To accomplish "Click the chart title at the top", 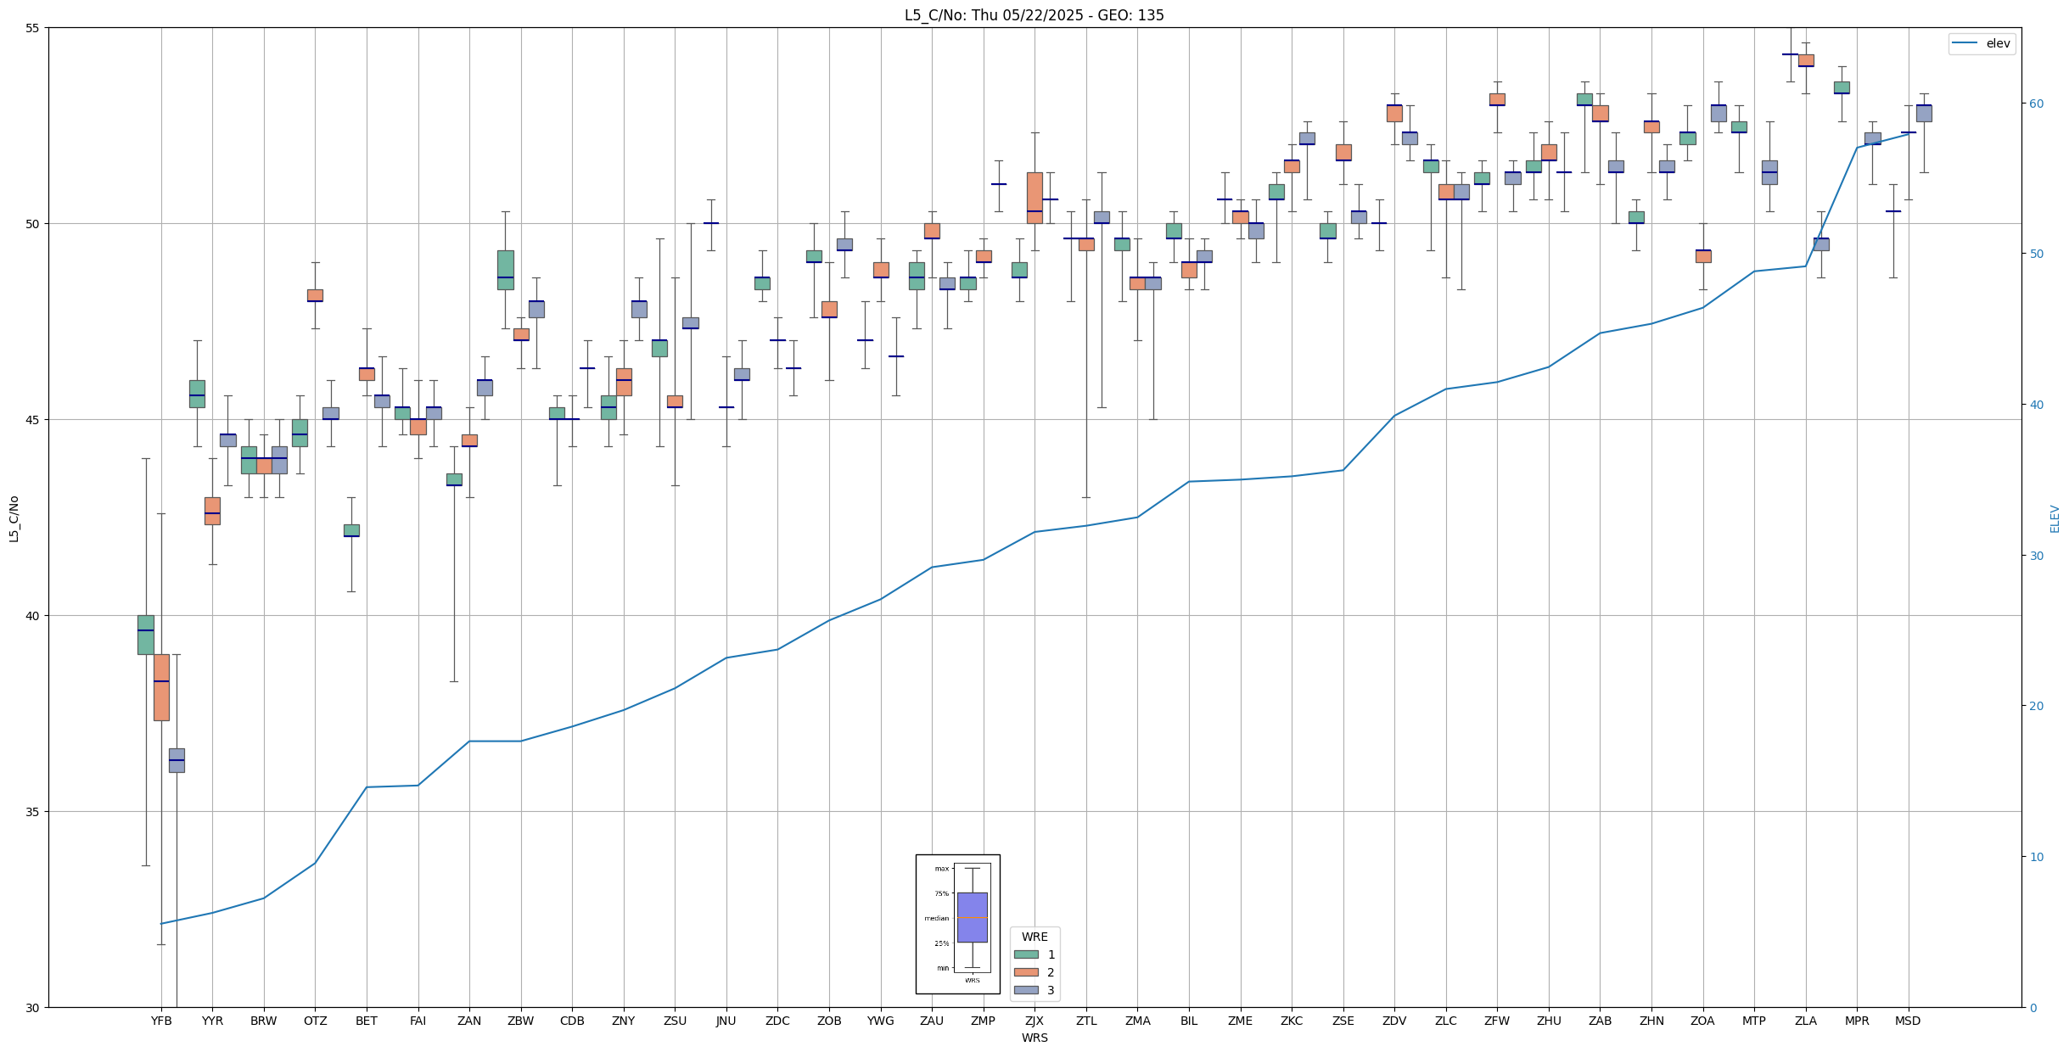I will point(1034,15).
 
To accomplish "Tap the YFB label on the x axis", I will point(161,1021).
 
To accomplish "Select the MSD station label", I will point(1908,1021).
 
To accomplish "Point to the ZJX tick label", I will point(1034,1021).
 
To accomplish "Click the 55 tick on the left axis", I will point(33,28).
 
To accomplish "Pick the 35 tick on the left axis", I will point(33,812).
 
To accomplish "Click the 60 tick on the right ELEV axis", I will point(2035,104).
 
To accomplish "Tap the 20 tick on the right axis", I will point(2035,706).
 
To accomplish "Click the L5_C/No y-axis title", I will point(14,518).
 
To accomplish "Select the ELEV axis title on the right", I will point(2055,518).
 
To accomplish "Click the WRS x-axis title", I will point(1034,1038).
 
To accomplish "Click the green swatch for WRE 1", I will point(1026,954).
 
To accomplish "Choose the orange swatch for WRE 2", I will point(1026,972).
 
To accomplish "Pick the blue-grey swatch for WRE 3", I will point(1026,990).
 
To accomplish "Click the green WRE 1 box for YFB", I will point(146,635).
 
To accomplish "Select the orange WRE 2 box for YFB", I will point(161,687).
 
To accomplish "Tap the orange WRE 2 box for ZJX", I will point(1034,198).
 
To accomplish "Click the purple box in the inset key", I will point(972,917).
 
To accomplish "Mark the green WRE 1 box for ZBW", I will point(505,270).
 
